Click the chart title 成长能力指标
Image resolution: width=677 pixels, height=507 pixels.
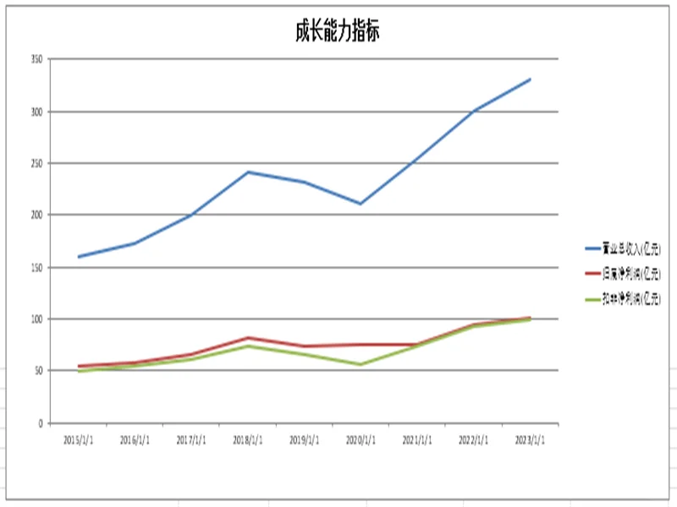pyautogui.click(x=337, y=32)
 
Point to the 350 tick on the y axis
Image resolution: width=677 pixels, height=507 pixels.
pyautogui.click(x=36, y=59)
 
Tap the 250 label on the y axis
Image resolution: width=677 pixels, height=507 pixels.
pyautogui.click(x=36, y=163)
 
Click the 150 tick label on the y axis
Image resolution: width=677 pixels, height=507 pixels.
pyautogui.click(x=36, y=267)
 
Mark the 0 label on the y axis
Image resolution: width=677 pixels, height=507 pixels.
pyautogui.click(x=39, y=423)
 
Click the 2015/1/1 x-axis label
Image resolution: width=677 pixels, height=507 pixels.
pyautogui.click(x=79, y=439)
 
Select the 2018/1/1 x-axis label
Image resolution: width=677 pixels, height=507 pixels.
pyautogui.click(x=248, y=439)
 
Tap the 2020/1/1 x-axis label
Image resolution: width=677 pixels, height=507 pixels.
pyautogui.click(x=361, y=439)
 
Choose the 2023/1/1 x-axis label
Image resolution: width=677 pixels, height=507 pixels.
pyautogui.click(x=531, y=439)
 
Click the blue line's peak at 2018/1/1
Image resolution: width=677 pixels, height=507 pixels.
pyautogui.click(x=248, y=172)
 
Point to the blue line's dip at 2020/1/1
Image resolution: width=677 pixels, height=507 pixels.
pyautogui.click(x=361, y=204)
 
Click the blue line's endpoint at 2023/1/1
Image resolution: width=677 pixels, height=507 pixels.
pyautogui.click(x=531, y=79)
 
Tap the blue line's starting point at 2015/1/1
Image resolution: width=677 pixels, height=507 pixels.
pyautogui.click(x=79, y=256)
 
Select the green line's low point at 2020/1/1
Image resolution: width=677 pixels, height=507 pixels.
pyautogui.click(x=361, y=364)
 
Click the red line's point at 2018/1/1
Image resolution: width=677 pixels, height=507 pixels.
pyautogui.click(x=248, y=337)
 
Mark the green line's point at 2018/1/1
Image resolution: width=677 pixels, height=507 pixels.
pyautogui.click(x=248, y=346)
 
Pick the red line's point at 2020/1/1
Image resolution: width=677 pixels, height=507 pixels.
pyautogui.click(x=361, y=344)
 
